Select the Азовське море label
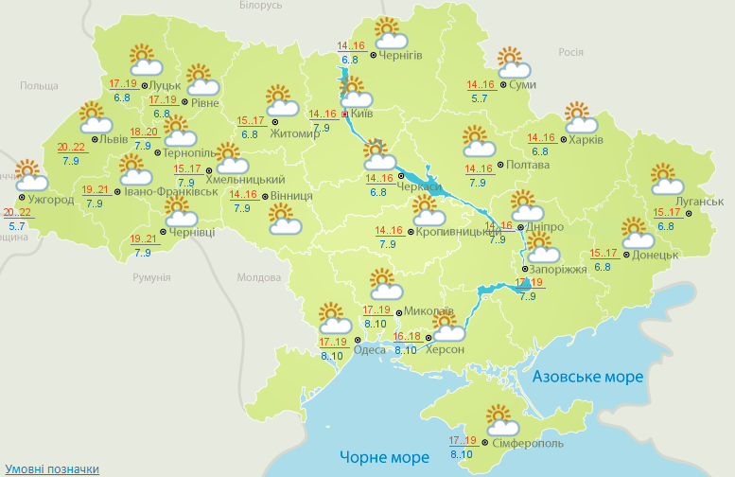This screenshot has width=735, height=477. pos(587,377)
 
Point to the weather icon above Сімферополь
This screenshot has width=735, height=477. pos(499,420)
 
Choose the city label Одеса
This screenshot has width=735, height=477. pos(369,349)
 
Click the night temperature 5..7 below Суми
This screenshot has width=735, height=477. pos(479,98)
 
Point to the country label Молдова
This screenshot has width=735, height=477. pos(258,278)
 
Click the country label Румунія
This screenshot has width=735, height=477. pos(151,277)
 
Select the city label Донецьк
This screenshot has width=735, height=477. pos(656,255)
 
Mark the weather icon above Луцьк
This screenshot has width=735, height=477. pos(146,61)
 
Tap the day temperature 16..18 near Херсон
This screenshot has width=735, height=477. pos(407,336)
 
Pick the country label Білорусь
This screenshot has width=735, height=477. pos(261,6)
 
